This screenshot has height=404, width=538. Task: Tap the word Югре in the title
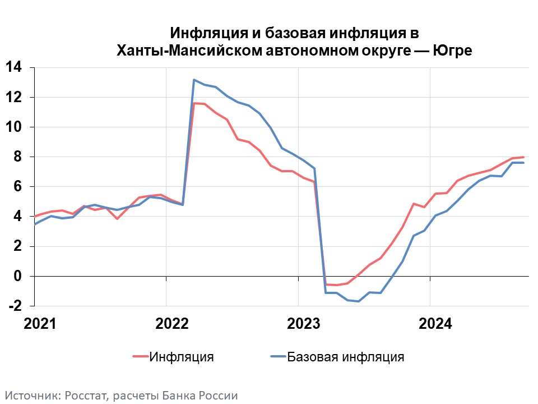[x=452, y=50]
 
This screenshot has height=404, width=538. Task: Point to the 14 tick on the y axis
[x=13, y=67]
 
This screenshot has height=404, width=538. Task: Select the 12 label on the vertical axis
[x=13, y=97]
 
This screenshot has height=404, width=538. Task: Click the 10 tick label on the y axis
[x=13, y=127]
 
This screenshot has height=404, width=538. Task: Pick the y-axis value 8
[x=17, y=157]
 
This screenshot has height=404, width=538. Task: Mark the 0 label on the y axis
[x=17, y=276]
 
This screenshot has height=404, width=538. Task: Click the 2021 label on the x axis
[x=40, y=324]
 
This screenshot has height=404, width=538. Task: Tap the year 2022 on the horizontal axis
[x=172, y=324]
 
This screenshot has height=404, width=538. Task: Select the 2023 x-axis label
[x=304, y=324]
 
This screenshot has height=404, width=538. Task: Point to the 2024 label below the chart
[x=435, y=324]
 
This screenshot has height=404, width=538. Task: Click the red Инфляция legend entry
[x=173, y=357]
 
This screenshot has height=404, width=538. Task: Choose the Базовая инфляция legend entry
[x=337, y=357]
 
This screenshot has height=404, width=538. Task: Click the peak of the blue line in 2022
[x=194, y=80]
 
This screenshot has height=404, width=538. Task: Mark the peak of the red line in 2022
[x=194, y=103]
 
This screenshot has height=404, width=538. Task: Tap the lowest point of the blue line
[x=359, y=301]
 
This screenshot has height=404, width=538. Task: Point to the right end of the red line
[x=523, y=157]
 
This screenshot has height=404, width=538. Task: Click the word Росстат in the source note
[x=86, y=396]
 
